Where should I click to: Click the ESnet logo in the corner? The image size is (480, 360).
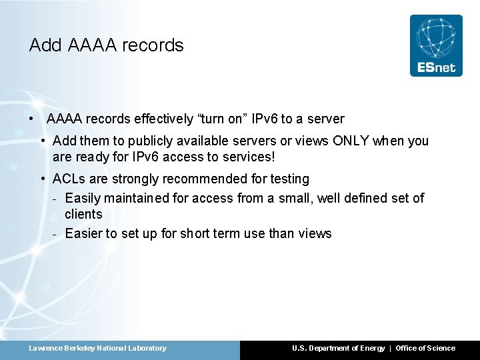(x=436, y=45)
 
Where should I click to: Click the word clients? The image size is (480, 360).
(x=83, y=214)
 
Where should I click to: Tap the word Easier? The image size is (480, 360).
(x=83, y=233)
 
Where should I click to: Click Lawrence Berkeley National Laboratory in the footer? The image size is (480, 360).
(x=97, y=348)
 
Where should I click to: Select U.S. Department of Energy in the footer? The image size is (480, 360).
(x=338, y=348)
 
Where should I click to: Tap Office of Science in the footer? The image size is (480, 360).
(x=425, y=348)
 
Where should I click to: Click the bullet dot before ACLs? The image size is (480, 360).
(x=43, y=179)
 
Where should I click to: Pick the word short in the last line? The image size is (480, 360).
(x=195, y=233)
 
